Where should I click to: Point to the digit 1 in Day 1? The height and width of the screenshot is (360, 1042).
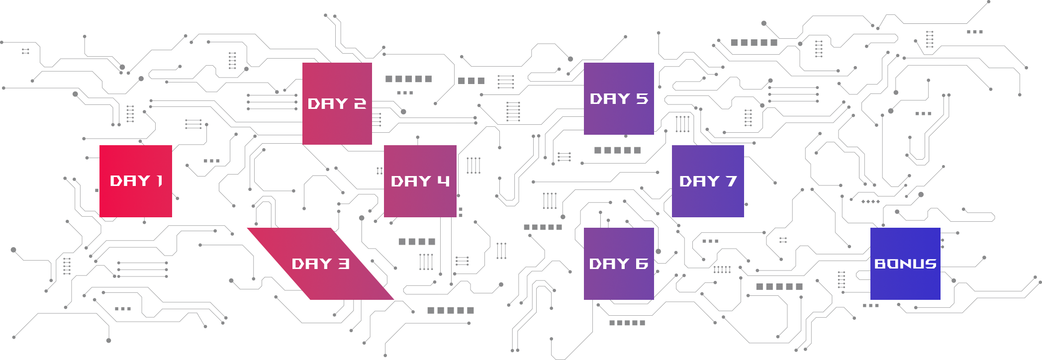(159, 181)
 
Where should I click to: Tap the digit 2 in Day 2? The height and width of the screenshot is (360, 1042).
(360, 104)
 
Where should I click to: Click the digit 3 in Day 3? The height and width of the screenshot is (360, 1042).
(344, 264)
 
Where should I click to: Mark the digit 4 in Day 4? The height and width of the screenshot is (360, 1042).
(444, 181)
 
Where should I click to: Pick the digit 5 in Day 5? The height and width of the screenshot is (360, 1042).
(642, 99)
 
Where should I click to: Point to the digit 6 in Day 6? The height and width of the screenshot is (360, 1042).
(642, 264)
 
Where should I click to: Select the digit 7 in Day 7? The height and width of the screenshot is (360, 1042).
(731, 181)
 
